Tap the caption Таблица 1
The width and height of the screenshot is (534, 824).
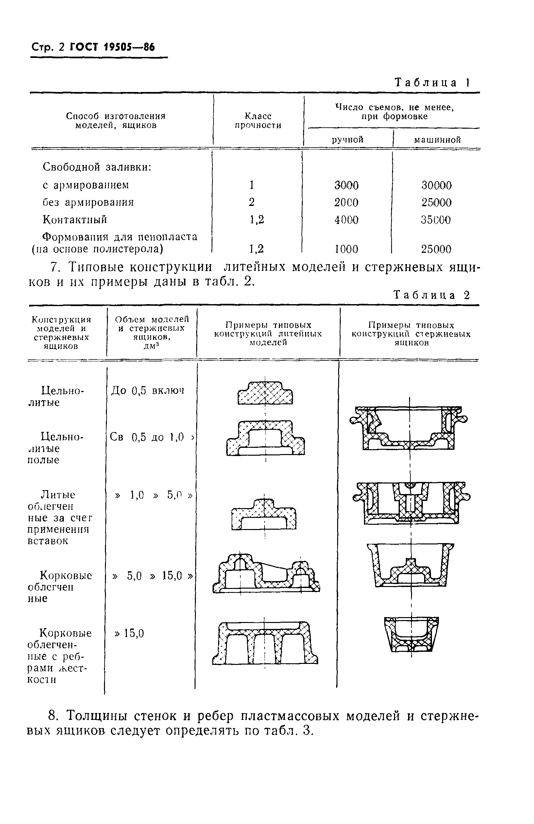432,82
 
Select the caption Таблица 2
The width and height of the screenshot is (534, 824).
432,295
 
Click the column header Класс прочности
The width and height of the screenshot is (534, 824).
258,120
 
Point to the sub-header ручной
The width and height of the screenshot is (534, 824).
348,139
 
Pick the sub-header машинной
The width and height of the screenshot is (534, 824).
437,140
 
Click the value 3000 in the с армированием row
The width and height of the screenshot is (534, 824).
346,185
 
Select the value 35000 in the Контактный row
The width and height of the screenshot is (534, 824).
436,220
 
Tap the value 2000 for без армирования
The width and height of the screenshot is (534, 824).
346,203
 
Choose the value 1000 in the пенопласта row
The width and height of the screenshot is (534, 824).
346,249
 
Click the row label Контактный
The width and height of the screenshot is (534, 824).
75,219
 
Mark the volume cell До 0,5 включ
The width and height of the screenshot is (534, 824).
148,391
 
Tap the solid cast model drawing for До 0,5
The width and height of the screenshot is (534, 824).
265,393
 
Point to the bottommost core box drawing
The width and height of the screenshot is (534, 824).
411,634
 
